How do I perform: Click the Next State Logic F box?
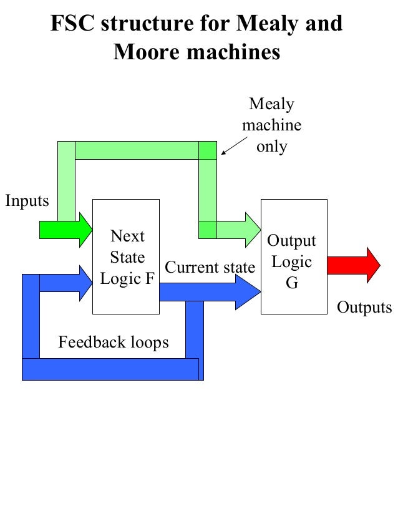[126, 256]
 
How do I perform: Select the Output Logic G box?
[293, 256]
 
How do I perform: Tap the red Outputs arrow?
[354, 265]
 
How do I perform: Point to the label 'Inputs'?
[27, 201]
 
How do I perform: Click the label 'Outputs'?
[364, 308]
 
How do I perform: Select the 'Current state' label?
[210, 268]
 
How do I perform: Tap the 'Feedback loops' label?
[114, 343]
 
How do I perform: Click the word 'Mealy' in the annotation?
[271, 104]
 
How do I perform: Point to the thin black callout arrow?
[234, 145]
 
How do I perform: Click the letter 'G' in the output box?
[292, 283]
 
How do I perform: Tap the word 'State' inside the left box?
[127, 257]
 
